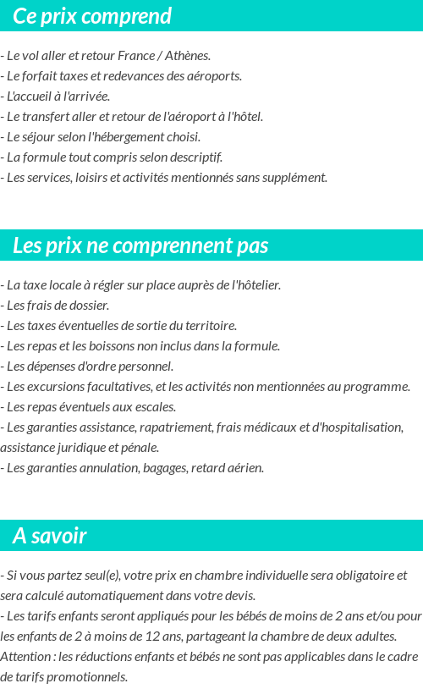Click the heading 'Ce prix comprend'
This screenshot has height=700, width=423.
click(92, 16)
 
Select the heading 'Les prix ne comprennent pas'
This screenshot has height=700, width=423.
click(140, 245)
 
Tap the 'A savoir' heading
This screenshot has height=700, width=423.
click(50, 536)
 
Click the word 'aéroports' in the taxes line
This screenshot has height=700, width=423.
click(216, 76)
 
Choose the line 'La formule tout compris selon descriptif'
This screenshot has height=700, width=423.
click(113, 157)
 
